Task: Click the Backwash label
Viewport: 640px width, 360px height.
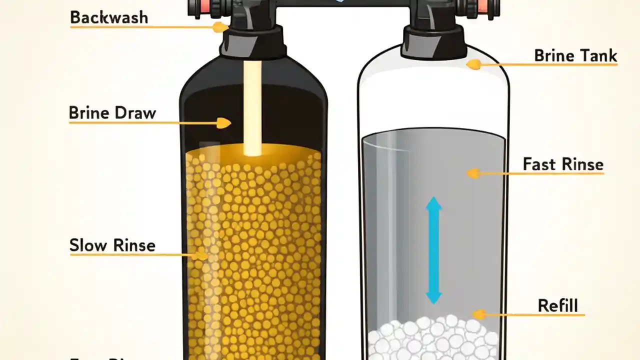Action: [109, 17]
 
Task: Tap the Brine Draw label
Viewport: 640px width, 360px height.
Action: [112, 113]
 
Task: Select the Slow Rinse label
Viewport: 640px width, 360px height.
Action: [112, 245]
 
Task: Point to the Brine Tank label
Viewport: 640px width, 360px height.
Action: [575, 55]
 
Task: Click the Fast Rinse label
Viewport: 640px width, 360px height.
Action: [563, 164]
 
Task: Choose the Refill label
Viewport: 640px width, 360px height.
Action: [557, 305]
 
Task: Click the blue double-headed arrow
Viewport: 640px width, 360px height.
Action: [433, 250]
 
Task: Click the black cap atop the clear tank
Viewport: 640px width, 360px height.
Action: [433, 37]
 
